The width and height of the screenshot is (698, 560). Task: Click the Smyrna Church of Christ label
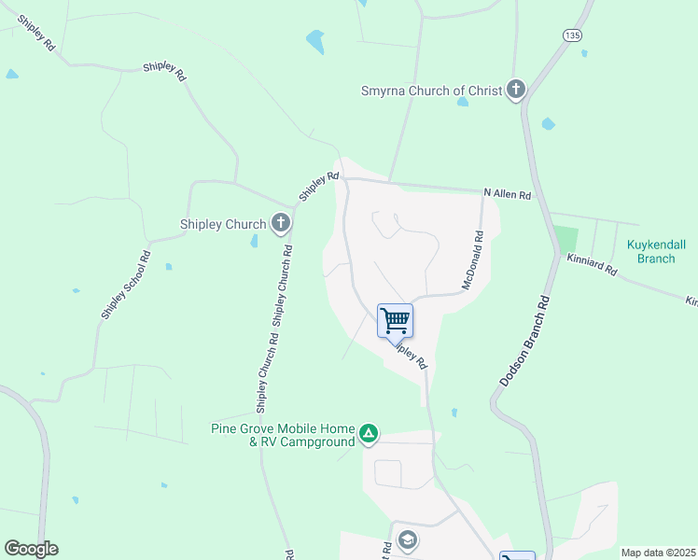[x=431, y=91]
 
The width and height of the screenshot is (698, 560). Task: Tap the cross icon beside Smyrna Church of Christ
[x=516, y=91]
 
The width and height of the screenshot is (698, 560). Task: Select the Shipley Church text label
[x=222, y=223]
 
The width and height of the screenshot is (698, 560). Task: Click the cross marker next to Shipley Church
[x=280, y=223]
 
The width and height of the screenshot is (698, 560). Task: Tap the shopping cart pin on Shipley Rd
[x=396, y=321]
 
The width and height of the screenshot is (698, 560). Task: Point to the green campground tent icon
[x=370, y=433]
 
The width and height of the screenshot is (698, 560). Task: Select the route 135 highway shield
[x=572, y=35]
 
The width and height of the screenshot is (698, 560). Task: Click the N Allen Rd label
[x=507, y=195]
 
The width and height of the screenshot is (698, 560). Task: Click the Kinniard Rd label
[x=592, y=264]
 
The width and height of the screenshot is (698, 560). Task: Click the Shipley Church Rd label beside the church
[x=283, y=285]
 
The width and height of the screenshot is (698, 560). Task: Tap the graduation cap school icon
[x=407, y=539]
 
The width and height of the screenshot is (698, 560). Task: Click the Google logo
[x=31, y=549]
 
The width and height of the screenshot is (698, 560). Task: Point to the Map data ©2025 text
[x=657, y=553]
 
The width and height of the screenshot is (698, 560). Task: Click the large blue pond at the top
[x=315, y=41]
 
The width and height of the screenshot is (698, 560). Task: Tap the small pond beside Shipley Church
[x=254, y=242]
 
